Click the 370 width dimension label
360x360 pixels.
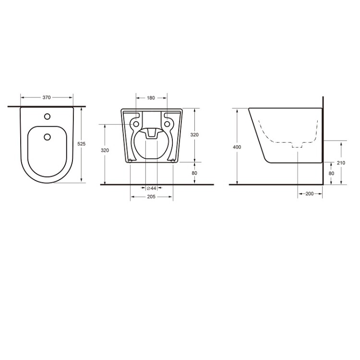[47, 97]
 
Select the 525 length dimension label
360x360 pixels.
[81, 144]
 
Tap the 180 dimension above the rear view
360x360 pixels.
[151, 98]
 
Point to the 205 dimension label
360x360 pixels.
[151, 196]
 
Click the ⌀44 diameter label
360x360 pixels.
[152, 188]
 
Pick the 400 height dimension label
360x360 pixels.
[237, 147]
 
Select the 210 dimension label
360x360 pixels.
[341, 163]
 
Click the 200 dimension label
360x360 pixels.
[310, 193]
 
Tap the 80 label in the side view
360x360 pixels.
[331, 173]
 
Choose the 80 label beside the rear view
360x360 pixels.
[194, 173]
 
